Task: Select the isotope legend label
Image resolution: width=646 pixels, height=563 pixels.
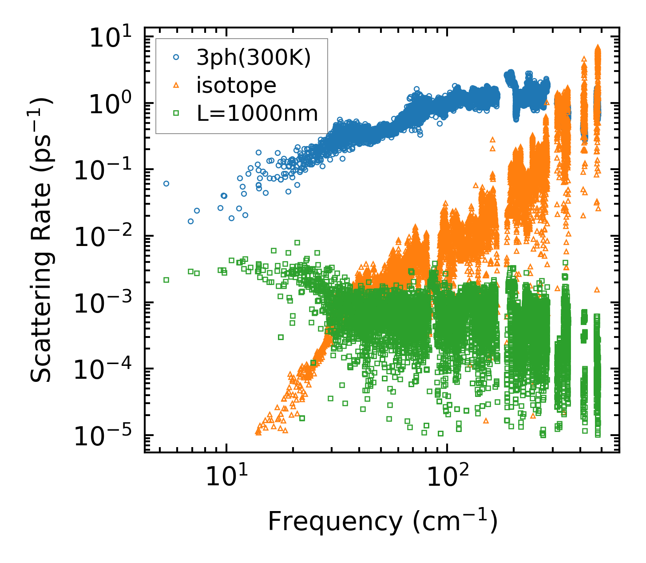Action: click(236, 85)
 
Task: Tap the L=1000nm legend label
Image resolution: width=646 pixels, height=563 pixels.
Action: click(258, 113)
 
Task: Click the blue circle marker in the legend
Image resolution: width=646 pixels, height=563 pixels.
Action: click(176, 57)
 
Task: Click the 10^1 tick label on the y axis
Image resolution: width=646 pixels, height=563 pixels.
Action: click(111, 38)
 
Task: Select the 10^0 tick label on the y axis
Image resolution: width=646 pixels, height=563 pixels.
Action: click(111, 104)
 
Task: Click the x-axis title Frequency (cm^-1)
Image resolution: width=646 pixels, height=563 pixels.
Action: click(382, 521)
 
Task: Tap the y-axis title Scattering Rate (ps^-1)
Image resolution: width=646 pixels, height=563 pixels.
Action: click(42, 240)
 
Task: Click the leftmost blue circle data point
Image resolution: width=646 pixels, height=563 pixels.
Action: click(166, 183)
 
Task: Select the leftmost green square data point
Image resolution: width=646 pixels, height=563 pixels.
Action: click(166, 280)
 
